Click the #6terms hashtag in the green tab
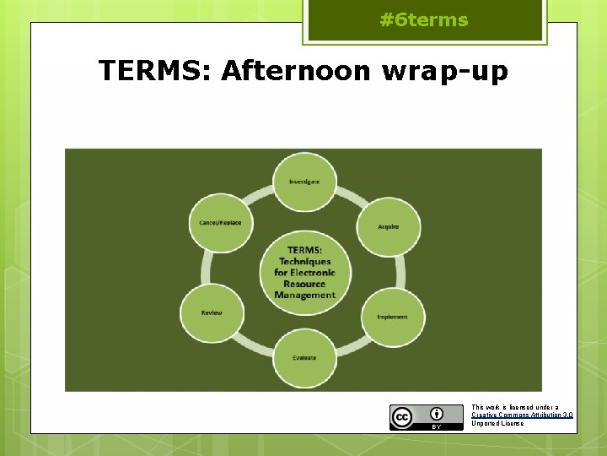click(x=424, y=20)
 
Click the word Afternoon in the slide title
click(x=296, y=72)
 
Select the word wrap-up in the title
click(x=445, y=73)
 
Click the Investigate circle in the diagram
click(x=304, y=182)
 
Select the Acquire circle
click(x=388, y=226)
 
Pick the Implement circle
click(x=392, y=317)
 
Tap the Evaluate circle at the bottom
click(x=304, y=357)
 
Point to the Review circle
click(x=212, y=313)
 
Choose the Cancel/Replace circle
click(x=220, y=223)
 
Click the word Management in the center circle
click(x=304, y=296)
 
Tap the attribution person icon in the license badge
click(x=437, y=413)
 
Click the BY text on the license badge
click(x=437, y=426)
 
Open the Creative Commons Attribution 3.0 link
click(x=522, y=415)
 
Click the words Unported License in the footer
click(x=497, y=423)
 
